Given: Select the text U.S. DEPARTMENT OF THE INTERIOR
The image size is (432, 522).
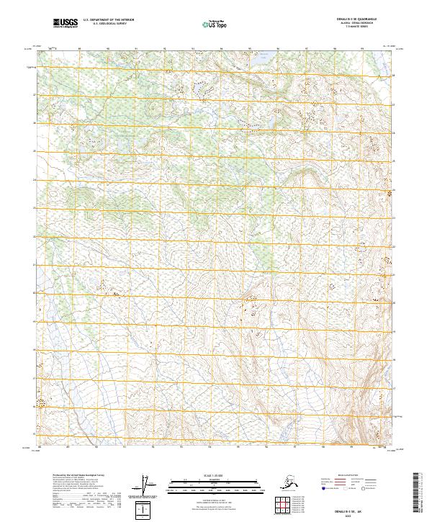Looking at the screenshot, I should pos(109,22).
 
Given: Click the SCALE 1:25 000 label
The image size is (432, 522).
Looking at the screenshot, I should pos(215,474).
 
